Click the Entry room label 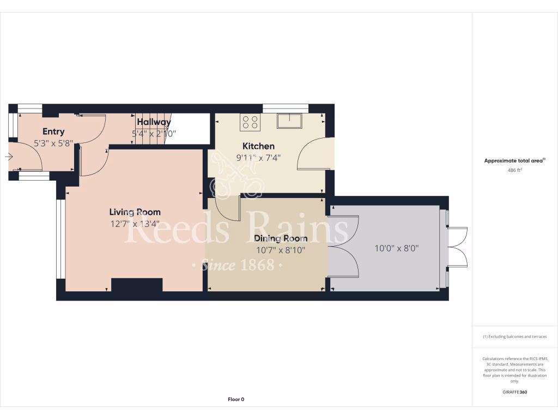(53, 131)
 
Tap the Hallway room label (154, 122)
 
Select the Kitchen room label (258, 146)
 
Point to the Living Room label (135, 212)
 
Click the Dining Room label (281, 238)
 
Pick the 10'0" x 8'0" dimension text (397, 248)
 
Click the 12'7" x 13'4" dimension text (135, 223)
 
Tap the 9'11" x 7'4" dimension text (258, 158)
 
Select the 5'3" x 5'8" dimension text (53, 143)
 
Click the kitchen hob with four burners (251, 122)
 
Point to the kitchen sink (289, 120)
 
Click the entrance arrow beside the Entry (9, 157)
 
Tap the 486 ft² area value (514, 170)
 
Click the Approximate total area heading (514, 160)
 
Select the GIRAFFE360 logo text (515, 392)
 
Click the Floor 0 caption (236, 399)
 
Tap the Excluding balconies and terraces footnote (514, 337)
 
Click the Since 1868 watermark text (236, 266)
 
